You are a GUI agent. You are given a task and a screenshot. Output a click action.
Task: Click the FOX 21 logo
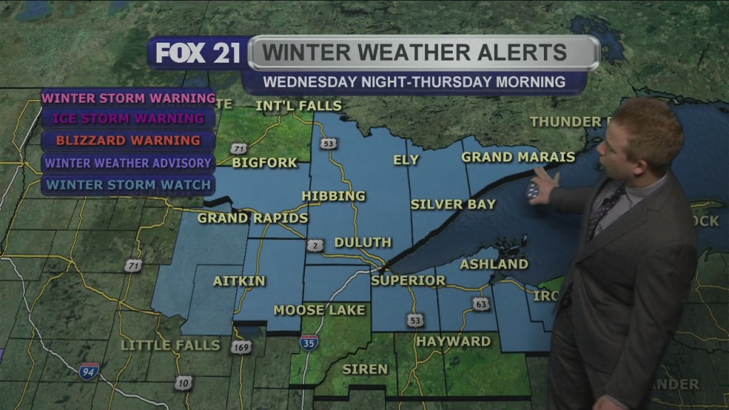pos(197,53)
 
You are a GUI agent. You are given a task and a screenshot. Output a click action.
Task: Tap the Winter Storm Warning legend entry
pos(128,98)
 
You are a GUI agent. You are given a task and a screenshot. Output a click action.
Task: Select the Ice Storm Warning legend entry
pos(128,119)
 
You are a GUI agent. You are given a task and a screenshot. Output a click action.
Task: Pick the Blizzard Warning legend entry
pos(128,140)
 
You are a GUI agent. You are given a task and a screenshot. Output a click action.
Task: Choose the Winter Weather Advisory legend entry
pos(128,163)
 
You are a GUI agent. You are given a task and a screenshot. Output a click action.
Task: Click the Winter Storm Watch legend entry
pos(128,186)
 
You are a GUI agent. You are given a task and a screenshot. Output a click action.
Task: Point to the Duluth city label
pos(362,243)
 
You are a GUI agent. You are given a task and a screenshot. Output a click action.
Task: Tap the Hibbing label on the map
pos(333,196)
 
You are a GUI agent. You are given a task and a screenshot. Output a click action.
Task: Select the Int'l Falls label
pos(299,106)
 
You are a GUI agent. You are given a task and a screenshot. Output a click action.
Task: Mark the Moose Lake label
pos(320,310)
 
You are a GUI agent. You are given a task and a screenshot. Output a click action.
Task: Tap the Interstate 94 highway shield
pos(89,371)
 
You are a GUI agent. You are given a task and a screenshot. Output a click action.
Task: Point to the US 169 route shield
pos(240,347)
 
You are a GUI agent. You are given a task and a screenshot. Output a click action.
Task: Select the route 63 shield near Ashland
pos(482,304)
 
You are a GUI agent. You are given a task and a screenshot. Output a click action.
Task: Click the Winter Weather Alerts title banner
pos(424,53)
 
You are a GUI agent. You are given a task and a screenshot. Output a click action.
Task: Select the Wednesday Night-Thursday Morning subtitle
pos(414,82)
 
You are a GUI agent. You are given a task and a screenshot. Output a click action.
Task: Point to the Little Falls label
pos(171,345)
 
